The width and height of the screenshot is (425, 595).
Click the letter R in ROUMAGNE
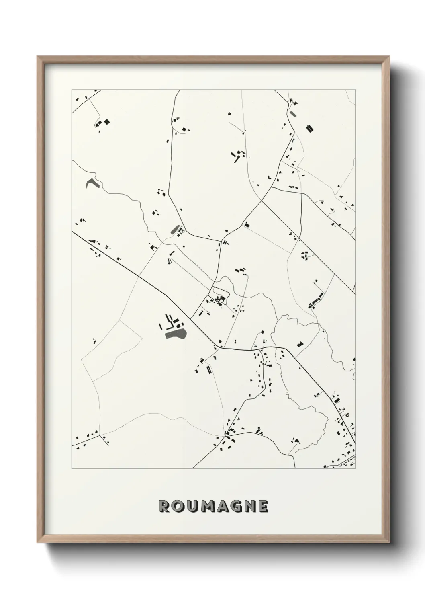click(x=165, y=506)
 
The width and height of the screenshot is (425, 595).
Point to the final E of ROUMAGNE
click(x=262, y=506)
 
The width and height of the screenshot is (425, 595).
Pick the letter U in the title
click(x=190, y=506)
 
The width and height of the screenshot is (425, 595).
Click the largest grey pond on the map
click(x=175, y=334)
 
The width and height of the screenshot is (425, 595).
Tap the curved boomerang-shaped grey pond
click(x=92, y=183)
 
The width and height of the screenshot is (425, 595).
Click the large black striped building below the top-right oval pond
click(x=309, y=128)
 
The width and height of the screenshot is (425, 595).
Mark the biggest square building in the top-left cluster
click(x=107, y=121)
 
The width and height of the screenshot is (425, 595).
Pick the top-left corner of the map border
click(x=72, y=90)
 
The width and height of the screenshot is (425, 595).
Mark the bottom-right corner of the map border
click(x=356, y=468)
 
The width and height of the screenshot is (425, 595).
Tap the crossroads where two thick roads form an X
click(x=262, y=200)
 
